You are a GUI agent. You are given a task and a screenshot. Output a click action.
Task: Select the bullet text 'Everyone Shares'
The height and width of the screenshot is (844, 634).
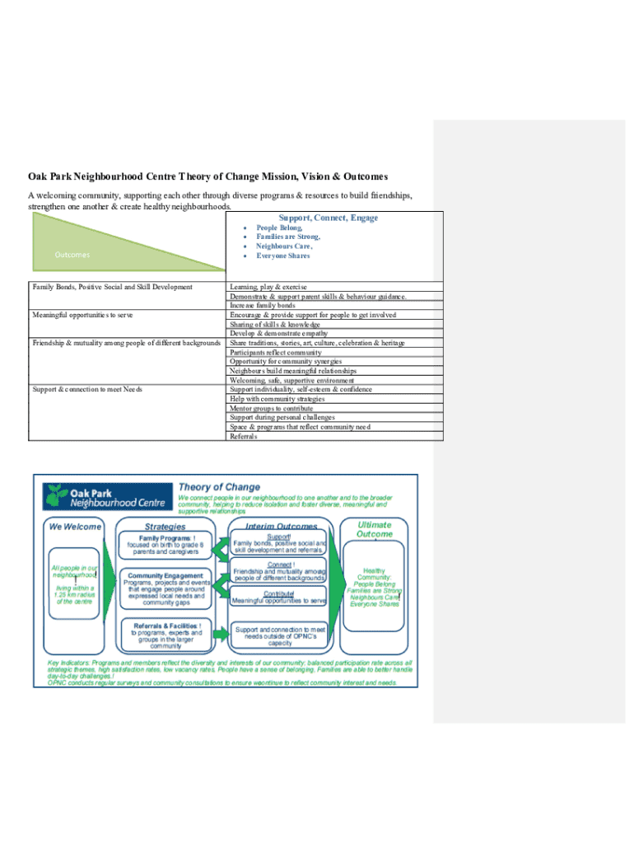pos(282,256)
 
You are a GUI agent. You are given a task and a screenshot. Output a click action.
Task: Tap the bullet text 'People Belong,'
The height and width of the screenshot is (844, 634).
pos(279,227)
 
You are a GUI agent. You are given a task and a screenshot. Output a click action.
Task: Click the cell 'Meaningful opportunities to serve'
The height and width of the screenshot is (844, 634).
pos(83,315)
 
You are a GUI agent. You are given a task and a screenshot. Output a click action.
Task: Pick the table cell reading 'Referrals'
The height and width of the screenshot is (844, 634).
pos(244,436)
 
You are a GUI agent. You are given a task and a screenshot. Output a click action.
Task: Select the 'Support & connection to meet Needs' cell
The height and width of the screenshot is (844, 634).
pos(86,389)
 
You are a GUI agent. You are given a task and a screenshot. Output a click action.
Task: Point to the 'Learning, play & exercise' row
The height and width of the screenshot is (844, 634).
pos(268,287)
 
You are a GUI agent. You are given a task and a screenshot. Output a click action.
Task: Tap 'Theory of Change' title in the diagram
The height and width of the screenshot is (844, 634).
pos(219,487)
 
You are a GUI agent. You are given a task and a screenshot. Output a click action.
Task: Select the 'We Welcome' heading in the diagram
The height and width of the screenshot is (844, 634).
pos(76,527)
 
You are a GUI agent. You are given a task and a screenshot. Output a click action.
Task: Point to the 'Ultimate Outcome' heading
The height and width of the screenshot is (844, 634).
pos(375,529)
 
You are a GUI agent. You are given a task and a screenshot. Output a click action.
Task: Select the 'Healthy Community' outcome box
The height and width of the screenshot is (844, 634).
pos(374,585)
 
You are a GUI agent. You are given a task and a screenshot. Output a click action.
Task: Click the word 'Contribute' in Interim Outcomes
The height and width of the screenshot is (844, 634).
pos(280,593)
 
